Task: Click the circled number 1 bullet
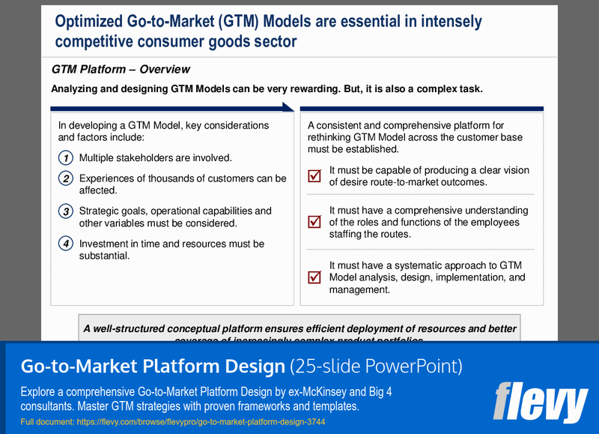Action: click(x=66, y=158)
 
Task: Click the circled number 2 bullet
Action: click(x=66, y=178)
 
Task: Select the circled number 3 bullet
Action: click(x=66, y=211)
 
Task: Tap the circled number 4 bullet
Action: click(x=66, y=244)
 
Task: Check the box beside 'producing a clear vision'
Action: click(x=314, y=176)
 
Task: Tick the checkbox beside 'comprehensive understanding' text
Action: click(x=314, y=222)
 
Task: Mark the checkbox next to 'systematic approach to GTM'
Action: click(x=314, y=277)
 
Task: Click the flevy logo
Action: click(x=540, y=402)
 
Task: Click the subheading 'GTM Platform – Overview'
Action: click(x=121, y=70)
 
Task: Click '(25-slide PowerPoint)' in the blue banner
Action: click(x=376, y=367)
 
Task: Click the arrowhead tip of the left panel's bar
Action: click(x=291, y=108)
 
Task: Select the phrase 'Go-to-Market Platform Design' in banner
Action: click(x=153, y=367)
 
